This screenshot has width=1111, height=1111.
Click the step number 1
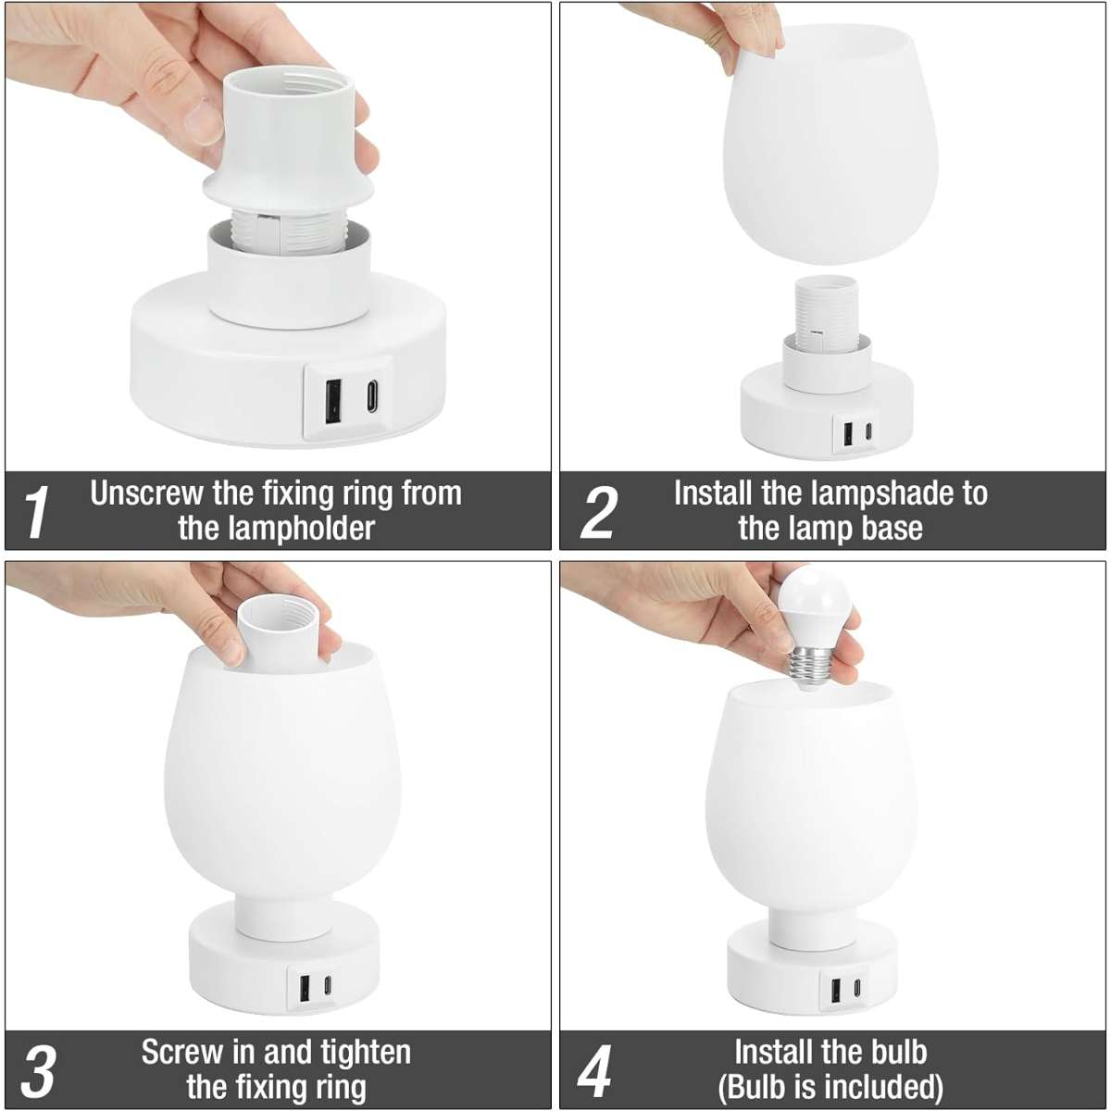tap(37, 512)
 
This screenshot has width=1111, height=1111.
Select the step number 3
tap(39, 1070)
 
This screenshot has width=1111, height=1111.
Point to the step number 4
tap(594, 1070)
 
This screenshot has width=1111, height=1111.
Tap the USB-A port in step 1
tap(331, 401)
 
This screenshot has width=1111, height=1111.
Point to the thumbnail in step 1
tap(202, 121)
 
